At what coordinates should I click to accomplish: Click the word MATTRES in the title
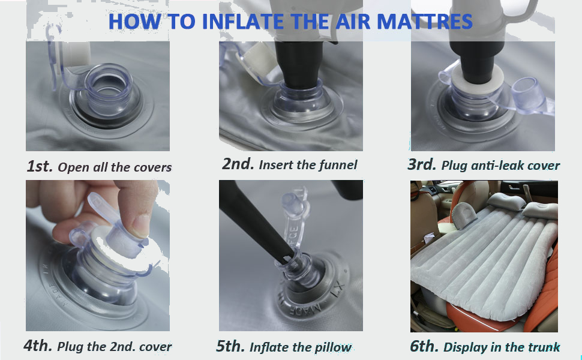[425, 21]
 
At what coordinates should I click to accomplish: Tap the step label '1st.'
[40, 166]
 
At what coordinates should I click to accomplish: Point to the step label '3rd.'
[422, 164]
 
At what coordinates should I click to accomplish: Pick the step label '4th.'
[38, 346]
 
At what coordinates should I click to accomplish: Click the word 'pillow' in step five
[333, 347]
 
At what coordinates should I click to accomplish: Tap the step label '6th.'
[424, 346]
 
